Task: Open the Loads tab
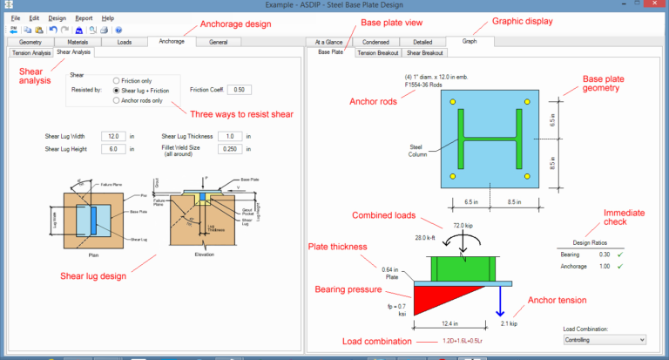[124, 41]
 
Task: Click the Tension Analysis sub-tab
[31, 53]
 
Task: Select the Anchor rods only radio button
[118, 100]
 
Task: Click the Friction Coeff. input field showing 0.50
[240, 90]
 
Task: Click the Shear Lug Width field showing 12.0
[114, 137]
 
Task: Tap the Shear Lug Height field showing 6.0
[114, 149]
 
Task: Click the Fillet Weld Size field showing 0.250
[231, 149]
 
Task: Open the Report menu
[84, 17]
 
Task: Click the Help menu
[107, 17]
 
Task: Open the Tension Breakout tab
[379, 53]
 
